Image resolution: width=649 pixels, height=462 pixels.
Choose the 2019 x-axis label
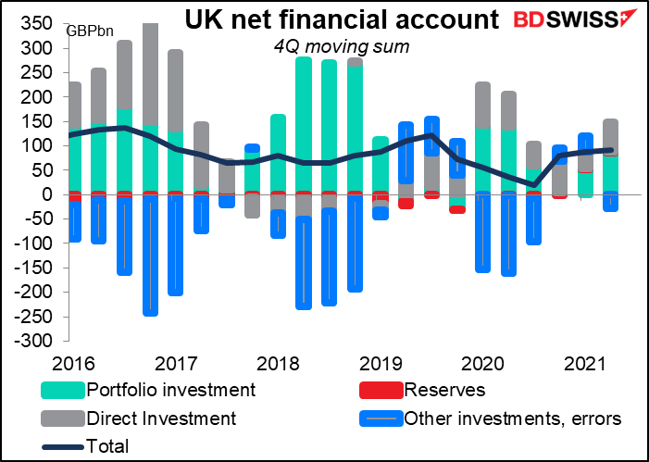coord(380,361)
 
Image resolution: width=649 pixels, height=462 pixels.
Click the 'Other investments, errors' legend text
coord(513,418)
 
